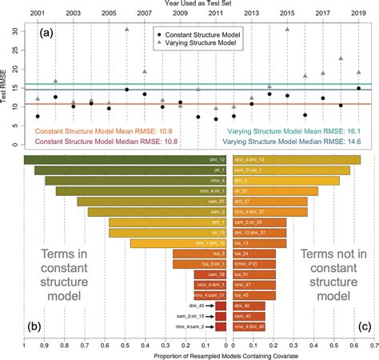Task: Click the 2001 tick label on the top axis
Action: tap(38, 14)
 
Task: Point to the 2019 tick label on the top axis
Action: tap(358, 14)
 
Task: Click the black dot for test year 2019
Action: tap(358, 89)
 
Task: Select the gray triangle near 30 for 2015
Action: tap(287, 29)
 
